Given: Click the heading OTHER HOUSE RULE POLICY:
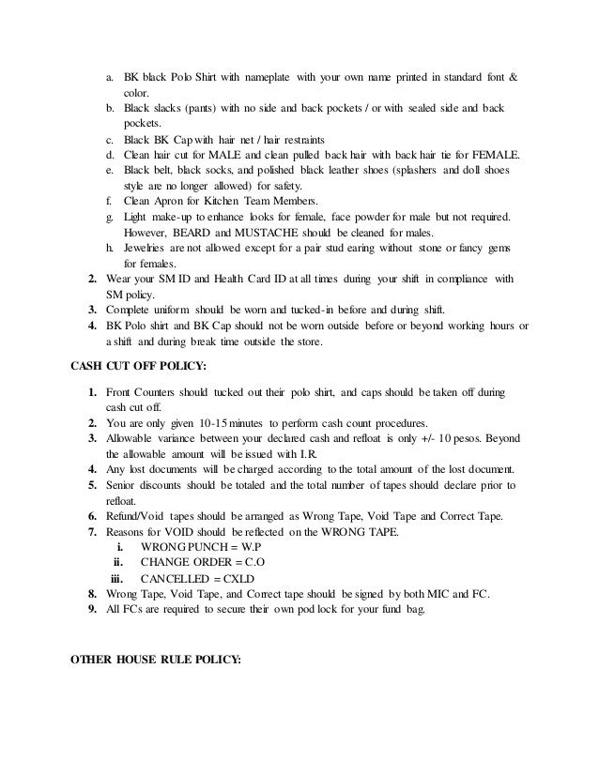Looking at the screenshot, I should (x=156, y=658).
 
